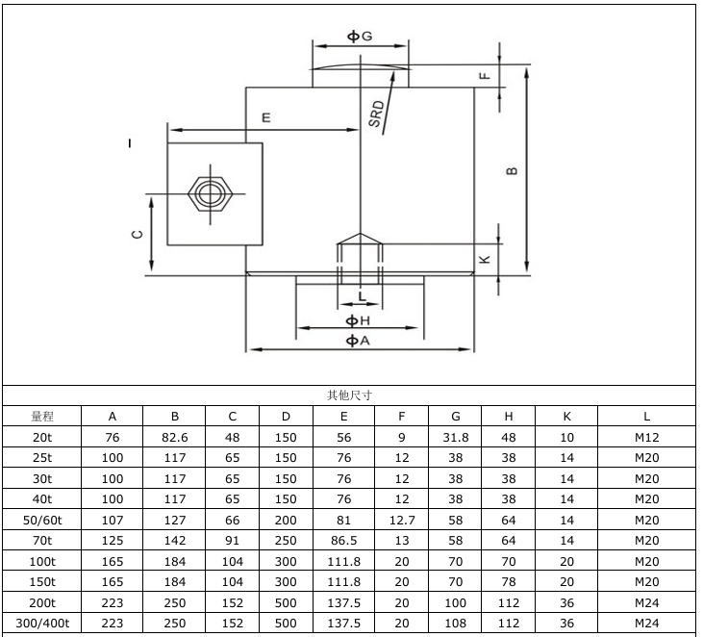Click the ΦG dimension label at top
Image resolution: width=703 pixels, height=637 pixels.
(359, 36)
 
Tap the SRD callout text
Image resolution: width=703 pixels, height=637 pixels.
(377, 114)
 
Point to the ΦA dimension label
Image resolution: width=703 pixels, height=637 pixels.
(358, 340)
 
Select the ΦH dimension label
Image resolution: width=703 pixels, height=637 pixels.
(358, 319)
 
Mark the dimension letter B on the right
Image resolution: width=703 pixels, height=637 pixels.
(513, 171)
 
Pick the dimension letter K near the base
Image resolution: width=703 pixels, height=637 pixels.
(486, 259)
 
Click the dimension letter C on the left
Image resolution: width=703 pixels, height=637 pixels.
(137, 234)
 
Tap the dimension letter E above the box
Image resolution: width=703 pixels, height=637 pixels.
(266, 117)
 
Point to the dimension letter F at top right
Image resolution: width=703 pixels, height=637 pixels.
(486, 74)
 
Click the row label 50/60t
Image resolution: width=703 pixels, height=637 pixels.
(41, 520)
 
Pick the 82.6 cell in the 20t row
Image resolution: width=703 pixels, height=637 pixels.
(174, 437)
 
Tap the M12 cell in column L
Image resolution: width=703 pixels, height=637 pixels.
(646, 437)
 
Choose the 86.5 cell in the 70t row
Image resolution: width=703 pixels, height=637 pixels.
(343, 540)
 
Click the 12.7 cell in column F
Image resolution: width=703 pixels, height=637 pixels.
(402, 520)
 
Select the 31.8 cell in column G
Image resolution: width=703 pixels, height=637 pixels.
(456, 437)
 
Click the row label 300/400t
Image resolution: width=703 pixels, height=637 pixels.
(41, 623)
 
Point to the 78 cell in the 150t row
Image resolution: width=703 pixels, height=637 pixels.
(509, 581)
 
